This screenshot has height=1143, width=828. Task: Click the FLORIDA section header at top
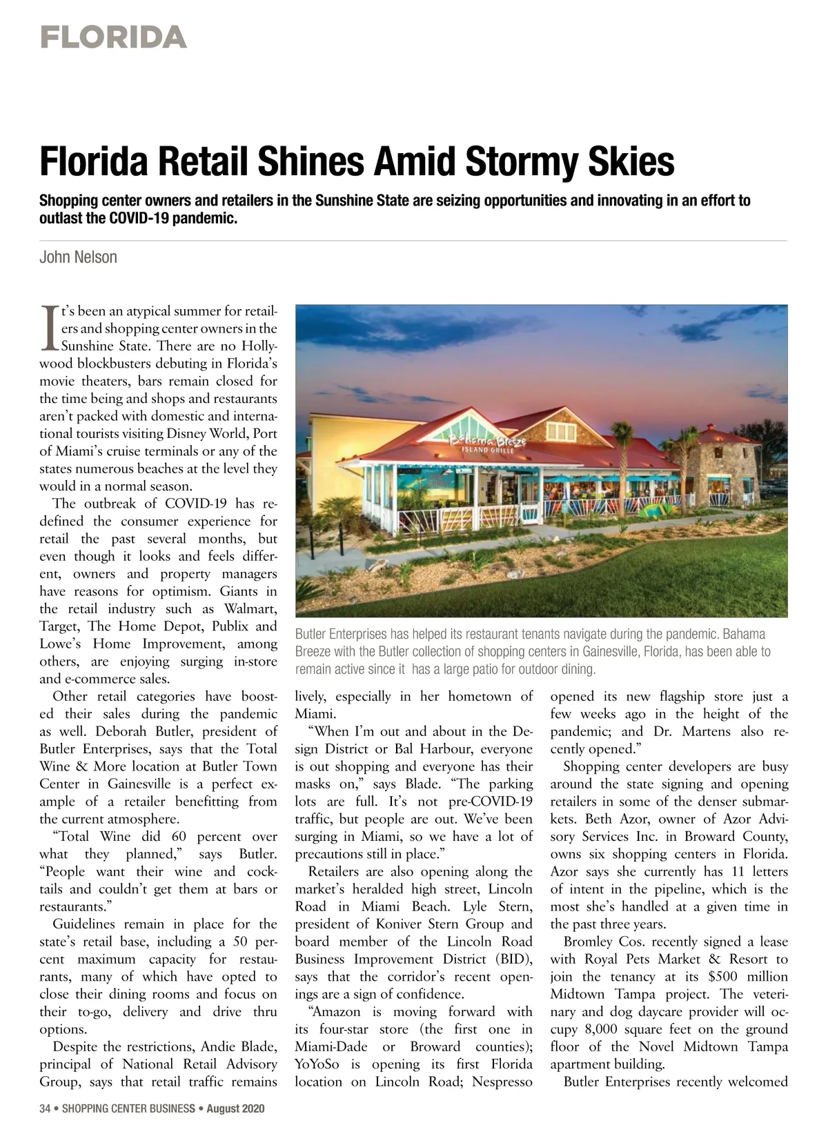click(x=113, y=37)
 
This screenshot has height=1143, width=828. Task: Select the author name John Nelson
click(x=78, y=257)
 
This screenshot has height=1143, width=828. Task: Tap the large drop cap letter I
click(x=49, y=328)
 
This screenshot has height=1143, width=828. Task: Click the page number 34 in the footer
click(x=45, y=1109)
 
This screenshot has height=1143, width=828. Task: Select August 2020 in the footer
click(x=235, y=1109)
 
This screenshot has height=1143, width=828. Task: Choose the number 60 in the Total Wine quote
click(x=179, y=837)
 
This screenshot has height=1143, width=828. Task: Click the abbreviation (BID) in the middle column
click(x=514, y=959)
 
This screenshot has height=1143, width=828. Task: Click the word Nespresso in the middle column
click(x=502, y=1082)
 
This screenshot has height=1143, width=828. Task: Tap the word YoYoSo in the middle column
click(x=317, y=1064)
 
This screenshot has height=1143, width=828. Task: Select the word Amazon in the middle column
click(x=337, y=1012)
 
